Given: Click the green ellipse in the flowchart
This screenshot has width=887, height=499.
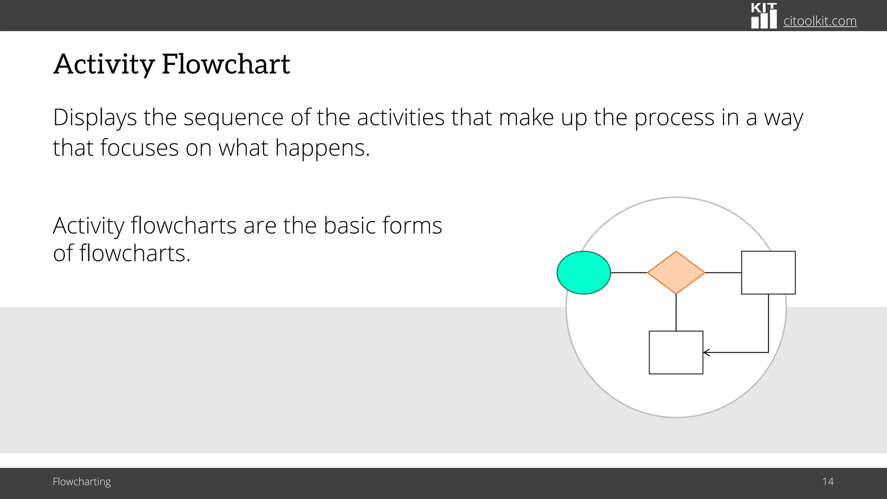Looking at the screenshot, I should point(583,272).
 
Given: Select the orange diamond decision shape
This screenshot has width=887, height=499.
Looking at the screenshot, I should point(676,272).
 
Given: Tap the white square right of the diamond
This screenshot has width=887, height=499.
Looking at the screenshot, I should point(768,272).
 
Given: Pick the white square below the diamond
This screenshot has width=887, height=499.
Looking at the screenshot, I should point(676,352).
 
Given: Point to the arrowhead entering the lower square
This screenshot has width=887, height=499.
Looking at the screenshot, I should point(706,353).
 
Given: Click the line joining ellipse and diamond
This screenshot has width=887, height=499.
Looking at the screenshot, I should point(629,272).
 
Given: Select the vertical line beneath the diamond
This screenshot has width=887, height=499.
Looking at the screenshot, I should point(676,312).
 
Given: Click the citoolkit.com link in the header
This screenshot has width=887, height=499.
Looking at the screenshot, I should point(820,21).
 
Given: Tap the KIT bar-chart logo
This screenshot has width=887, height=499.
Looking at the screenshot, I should point(764,16).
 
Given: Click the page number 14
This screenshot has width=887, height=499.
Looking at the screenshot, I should point(828,481).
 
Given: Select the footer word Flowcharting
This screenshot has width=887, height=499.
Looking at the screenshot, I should point(81,482).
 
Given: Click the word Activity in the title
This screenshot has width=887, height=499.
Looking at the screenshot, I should point(104,65).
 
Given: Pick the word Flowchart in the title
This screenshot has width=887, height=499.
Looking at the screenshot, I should point(226,65).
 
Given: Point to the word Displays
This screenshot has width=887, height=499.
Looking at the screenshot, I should point(95,117).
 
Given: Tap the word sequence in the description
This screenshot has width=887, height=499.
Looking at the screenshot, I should point(233,117).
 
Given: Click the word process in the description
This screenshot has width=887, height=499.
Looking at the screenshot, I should point(674,117).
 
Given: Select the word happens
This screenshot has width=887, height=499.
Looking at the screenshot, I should point(322,148).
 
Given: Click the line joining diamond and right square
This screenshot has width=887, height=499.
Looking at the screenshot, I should point(723,272).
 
